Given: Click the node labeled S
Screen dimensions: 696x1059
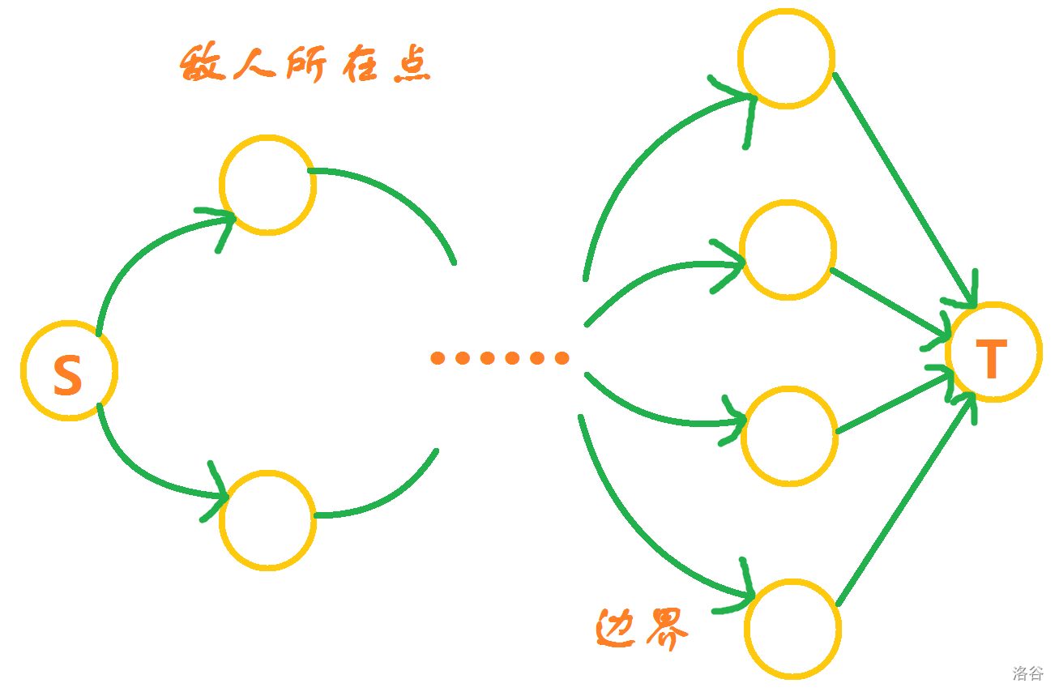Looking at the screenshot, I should [69, 370].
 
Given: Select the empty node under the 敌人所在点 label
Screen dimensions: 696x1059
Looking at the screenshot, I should [267, 186].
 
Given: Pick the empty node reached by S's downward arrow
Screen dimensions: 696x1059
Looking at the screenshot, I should [267, 520].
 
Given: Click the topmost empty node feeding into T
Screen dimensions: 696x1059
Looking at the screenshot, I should [786, 58].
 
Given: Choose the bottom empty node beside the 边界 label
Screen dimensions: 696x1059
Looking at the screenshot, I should [792, 629].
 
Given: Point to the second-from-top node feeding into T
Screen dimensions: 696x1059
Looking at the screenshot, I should [788, 250].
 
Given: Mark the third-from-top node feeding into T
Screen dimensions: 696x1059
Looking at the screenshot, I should [789, 435].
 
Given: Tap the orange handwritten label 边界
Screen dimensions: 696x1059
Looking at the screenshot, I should [642, 626].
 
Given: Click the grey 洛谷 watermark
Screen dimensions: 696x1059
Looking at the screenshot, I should [1027, 673].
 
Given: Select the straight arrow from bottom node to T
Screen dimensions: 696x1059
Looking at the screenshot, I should [903, 502].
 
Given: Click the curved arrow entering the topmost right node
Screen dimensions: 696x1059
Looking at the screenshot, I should [640, 162].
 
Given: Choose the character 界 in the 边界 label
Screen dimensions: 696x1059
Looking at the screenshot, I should [665, 626].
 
